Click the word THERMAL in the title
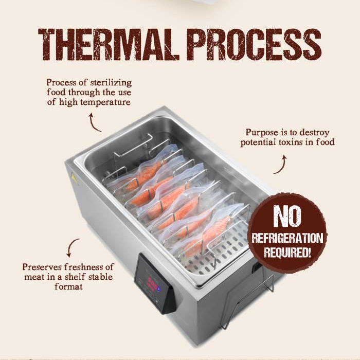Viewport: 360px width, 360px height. [109, 45]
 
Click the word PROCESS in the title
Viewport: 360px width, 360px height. [254, 45]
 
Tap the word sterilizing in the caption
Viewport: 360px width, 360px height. [111, 82]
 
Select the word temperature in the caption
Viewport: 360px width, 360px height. [95, 102]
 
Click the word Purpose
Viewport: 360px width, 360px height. [262, 133]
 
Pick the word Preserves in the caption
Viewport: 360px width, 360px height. [42, 267]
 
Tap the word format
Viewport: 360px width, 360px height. [68, 286]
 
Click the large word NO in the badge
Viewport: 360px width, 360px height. [287, 216]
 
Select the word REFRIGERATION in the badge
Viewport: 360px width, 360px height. [287, 238]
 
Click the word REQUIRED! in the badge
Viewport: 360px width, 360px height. [287, 252]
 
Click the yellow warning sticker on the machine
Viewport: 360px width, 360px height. [74, 178]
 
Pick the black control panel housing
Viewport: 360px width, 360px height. [156, 284]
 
